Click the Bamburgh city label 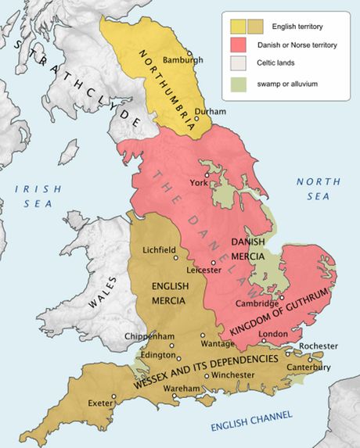click(184, 59)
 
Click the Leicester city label click(204, 270)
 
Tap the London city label click(273, 334)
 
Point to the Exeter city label click(100, 403)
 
